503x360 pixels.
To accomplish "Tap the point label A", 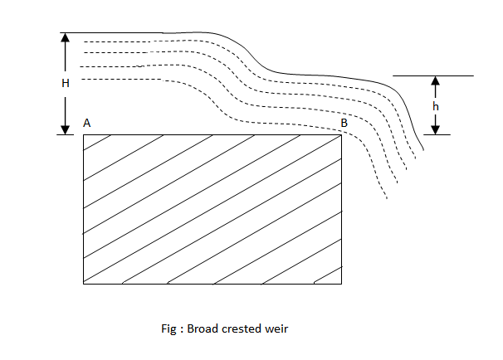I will [86, 123].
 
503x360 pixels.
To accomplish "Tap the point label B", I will [344, 124].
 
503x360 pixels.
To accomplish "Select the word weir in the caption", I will [275, 328].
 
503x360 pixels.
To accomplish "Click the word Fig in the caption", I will [168, 328].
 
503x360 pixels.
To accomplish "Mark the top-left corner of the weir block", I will [84, 134].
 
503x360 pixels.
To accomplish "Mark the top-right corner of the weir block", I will [341, 134].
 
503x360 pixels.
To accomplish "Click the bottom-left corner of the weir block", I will [84, 284].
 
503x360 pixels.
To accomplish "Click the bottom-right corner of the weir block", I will [341, 284].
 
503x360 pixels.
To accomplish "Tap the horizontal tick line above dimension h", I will [432, 75].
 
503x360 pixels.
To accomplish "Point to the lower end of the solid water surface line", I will [422, 151].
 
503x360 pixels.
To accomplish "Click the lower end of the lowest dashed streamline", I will [387, 200].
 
